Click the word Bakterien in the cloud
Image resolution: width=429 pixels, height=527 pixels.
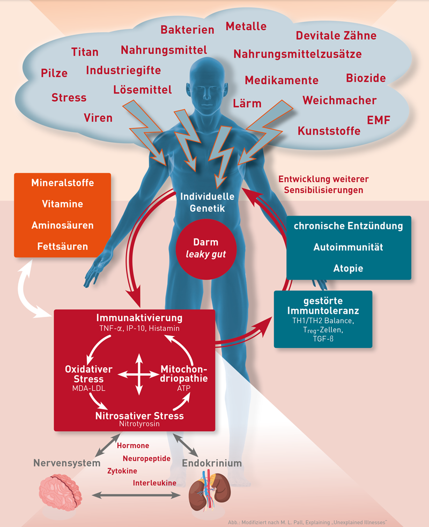[x=187, y=30]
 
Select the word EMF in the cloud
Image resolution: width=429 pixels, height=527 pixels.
[x=379, y=120]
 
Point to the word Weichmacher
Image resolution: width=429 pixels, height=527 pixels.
[x=339, y=100]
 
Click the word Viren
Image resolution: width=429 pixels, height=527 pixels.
[x=98, y=117]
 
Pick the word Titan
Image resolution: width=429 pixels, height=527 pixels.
[x=85, y=52]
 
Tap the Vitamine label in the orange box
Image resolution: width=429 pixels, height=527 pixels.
[x=62, y=204]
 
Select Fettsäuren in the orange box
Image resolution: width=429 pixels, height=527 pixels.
[x=62, y=247]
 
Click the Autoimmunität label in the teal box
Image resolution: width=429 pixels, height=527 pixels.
[x=348, y=247]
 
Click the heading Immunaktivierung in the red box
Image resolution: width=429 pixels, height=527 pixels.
[x=139, y=318]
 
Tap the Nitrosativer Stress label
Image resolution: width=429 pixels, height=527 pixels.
[x=139, y=415]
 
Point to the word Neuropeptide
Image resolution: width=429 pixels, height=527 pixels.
[x=146, y=458]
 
